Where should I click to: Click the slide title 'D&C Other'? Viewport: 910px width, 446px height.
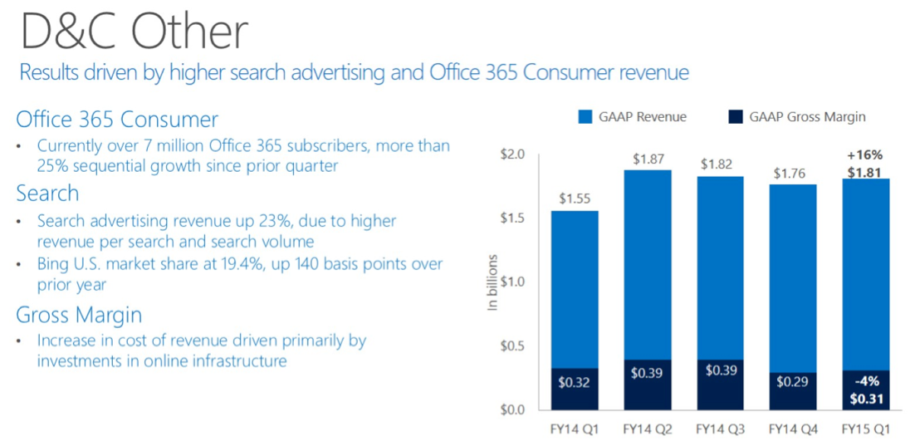pyautogui.click(x=134, y=32)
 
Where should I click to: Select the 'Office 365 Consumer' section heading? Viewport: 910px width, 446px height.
pyautogui.click(x=117, y=119)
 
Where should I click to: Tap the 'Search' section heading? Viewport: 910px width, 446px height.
pyautogui.click(x=47, y=194)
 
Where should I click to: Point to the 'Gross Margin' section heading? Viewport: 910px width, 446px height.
pyautogui.click(x=79, y=315)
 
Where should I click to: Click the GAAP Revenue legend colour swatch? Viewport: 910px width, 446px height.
pyautogui.click(x=584, y=117)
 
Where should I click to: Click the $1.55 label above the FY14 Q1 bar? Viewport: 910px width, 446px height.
pyautogui.click(x=575, y=198)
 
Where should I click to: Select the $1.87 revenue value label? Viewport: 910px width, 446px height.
pyautogui.click(x=647, y=159)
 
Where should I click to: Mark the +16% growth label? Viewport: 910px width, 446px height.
pyautogui.click(x=864, y=154)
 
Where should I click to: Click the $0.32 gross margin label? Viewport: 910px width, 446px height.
pyautogui.click(x=575, y=384)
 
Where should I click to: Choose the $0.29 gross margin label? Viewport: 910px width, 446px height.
pyautogui.click(x=793, y=384)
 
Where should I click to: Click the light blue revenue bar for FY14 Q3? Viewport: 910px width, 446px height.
pyautogui.click(x=720, y=266)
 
